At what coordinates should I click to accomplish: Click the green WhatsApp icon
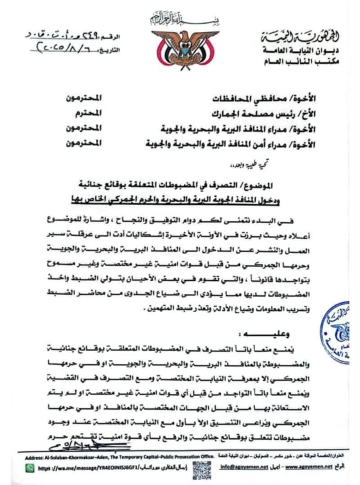pos(30,468)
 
